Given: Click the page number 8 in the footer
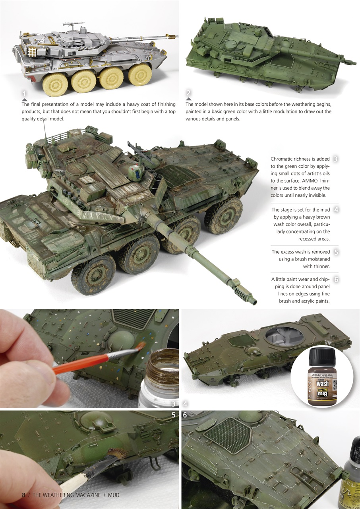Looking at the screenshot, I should click(23, 495).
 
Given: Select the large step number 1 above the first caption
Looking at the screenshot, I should click(24, 94).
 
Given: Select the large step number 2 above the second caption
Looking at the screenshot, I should click(188, 94).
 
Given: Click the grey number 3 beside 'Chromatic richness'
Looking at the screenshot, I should click(335, 159).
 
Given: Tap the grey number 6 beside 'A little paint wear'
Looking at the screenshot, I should click(336, 280).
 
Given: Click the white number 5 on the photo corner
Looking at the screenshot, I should click(173, 415).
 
